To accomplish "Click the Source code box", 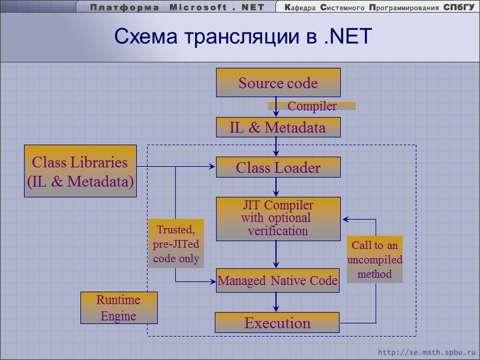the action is coord(278,83).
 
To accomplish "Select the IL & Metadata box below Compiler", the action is coord(278,127).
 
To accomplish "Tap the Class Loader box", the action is coord(278,167).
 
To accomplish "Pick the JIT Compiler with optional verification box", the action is coord(278,219).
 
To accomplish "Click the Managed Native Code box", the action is coord(278,280).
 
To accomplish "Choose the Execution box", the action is coord(277,323).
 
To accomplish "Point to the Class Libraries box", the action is coord(80,171).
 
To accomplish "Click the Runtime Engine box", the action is coord(119,308).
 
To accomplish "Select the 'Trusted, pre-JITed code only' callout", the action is coord(176,244).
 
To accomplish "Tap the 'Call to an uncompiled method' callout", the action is coord(374,259).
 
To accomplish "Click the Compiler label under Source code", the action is coord(312,106).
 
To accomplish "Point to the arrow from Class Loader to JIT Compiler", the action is coord(276,187).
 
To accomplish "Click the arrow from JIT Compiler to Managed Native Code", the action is coord(276,254).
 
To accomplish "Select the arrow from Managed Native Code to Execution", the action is coord(276,302).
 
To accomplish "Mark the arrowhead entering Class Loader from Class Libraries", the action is coord(211,167).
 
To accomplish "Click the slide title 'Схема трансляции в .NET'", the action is coord(244,37).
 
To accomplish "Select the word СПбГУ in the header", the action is coord(459,7).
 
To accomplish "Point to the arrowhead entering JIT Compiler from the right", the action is coord(345,219).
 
